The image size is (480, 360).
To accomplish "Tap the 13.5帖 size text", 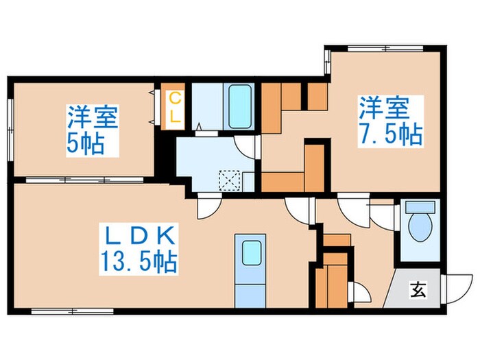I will tap(140, 261).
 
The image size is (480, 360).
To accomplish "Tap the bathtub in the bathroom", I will tap(238, 106).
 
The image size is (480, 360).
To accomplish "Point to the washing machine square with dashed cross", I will tap(227, 180).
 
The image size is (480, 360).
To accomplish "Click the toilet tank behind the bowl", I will tap(420, 206).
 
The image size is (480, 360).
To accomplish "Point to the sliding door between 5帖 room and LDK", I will tap(82, 180).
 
